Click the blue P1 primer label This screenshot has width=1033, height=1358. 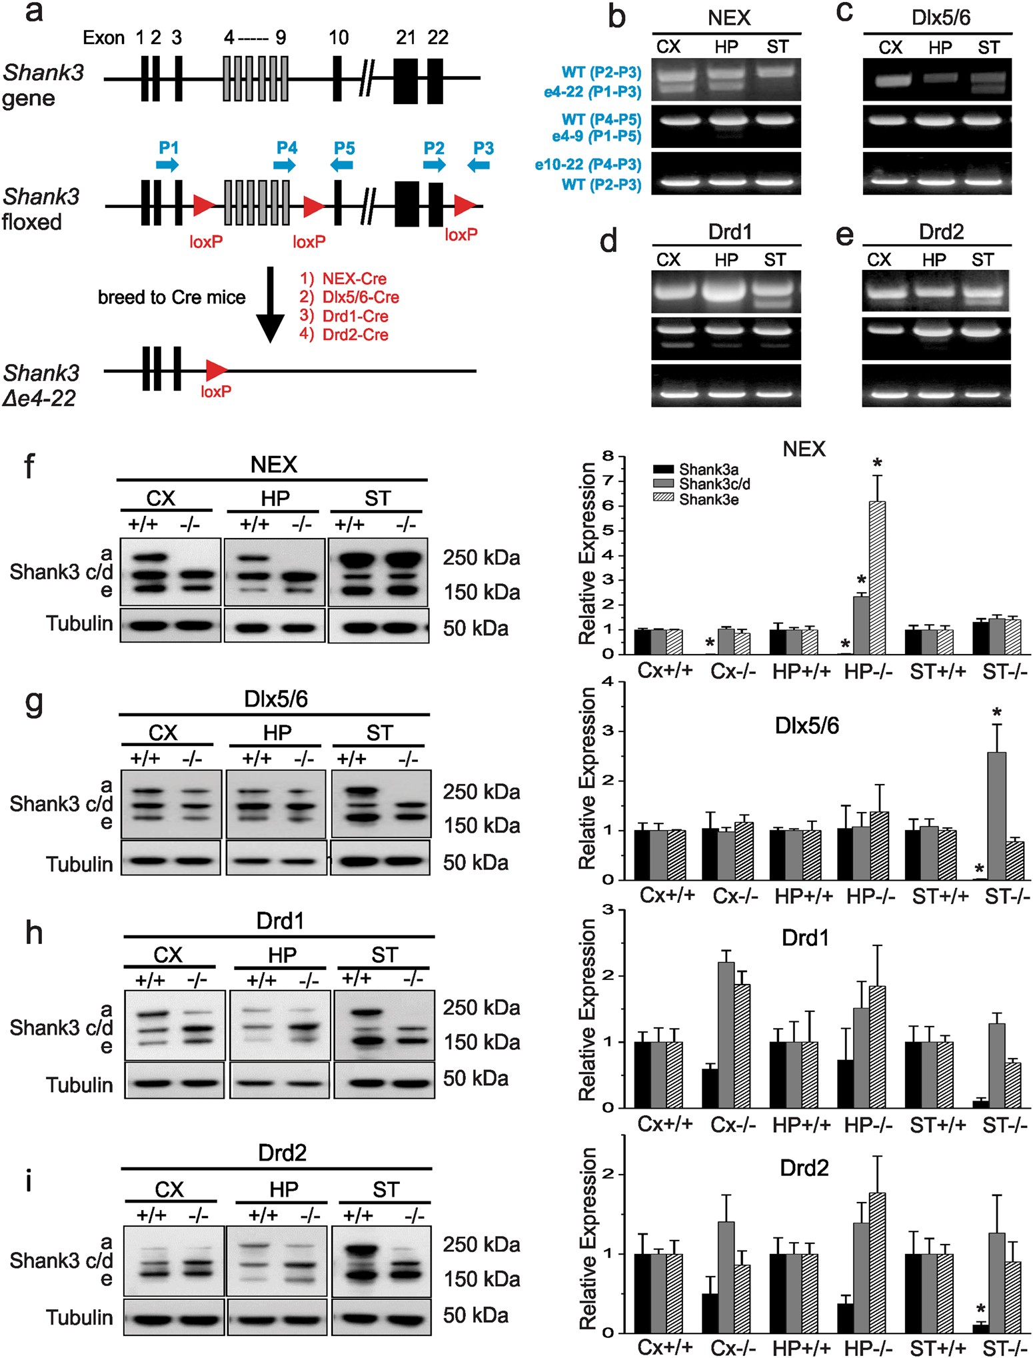pos(168,147)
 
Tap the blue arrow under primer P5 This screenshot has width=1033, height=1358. pos(343,165)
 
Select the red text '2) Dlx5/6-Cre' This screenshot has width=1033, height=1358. pos(349,297)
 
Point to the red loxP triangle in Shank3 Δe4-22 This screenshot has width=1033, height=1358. pos(216,370)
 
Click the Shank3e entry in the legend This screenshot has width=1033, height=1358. pos(708,500)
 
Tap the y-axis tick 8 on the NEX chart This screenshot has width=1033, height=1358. pos(607,457)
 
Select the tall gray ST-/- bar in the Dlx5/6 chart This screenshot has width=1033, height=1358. pos(996,816)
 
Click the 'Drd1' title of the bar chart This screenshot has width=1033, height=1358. pos(805,938)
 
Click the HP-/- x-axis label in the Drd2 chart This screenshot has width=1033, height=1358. pos(868,1347)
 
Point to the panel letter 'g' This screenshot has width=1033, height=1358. pos(33,703)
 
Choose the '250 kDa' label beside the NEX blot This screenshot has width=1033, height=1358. pos(481,557)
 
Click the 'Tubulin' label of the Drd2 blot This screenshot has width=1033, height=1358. pos(79,1317)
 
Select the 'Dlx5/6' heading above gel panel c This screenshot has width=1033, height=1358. pos(940,18)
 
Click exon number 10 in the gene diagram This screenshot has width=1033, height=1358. pos(338,37)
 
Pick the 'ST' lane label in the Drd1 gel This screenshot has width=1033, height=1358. pos(774,260)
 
